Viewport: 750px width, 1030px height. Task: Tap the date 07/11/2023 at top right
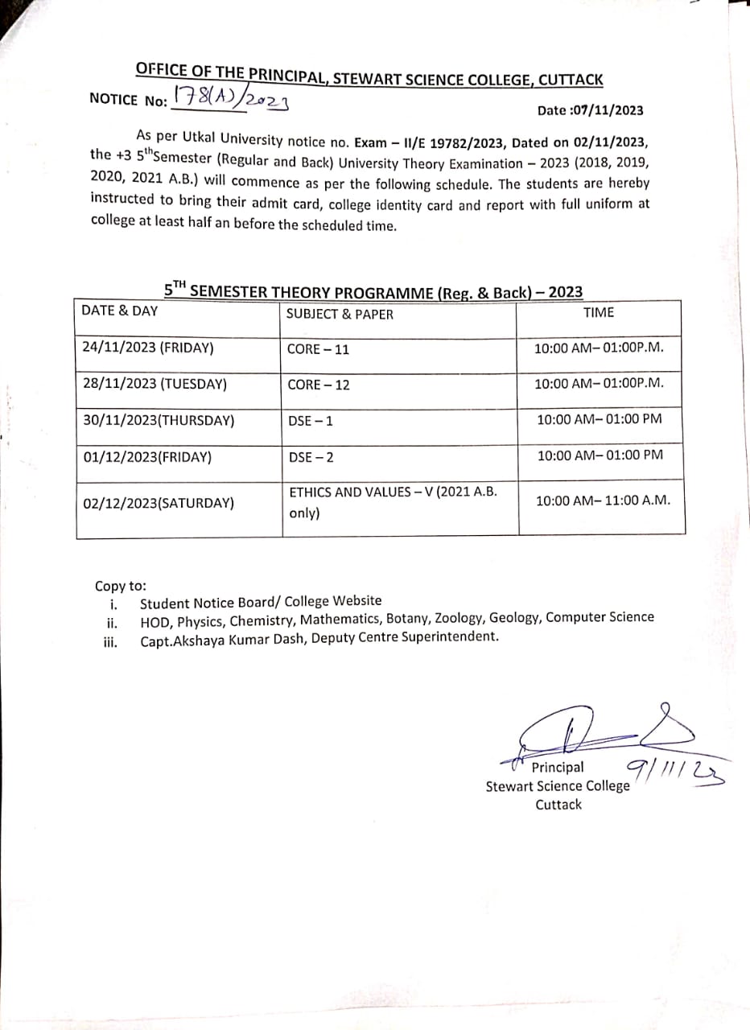590,110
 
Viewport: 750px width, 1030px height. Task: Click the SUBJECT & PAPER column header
340,314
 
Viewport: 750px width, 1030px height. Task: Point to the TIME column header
598,312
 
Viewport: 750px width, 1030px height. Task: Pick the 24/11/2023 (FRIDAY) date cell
148,348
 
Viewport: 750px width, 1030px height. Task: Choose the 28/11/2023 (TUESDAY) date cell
155,384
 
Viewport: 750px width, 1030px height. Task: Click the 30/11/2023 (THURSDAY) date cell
159,420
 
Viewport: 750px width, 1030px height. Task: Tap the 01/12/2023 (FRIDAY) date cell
147,457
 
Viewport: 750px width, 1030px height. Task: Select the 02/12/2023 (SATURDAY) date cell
159,504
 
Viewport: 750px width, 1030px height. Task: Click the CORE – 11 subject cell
319,350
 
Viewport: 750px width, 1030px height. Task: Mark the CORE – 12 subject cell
319,385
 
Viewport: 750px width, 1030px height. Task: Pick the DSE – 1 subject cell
311,421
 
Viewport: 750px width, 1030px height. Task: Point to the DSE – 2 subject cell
311,458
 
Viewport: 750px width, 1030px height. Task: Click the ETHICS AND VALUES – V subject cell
393,501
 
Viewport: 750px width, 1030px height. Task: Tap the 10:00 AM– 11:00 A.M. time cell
603,501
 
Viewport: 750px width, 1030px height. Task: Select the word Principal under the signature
558,768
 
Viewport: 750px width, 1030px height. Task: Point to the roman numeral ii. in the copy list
113,622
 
